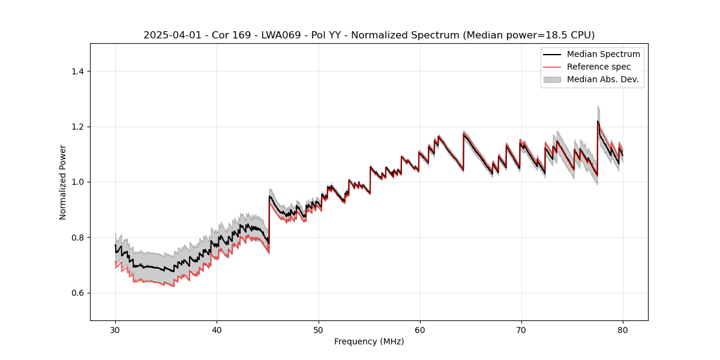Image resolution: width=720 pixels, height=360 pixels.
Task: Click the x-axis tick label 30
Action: coord(115,330)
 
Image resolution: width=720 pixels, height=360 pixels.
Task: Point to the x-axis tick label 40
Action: coord(217,330)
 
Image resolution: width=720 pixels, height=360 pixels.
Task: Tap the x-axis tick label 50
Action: coord(319,330)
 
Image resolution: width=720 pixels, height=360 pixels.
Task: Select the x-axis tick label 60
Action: coord(420,330)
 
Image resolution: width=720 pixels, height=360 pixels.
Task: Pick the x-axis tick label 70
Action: coord(521,330)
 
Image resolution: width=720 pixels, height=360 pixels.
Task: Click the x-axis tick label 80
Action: coord(623,330)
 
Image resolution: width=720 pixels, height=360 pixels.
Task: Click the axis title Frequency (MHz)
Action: coord(369,341)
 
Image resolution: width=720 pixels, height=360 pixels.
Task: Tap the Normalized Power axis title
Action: coord(62,182)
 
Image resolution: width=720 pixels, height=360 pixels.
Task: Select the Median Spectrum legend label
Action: coord(603,54)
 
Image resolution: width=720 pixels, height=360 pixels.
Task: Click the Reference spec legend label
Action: coord(599,67)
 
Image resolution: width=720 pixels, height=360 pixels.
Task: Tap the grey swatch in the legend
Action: coord(552,79)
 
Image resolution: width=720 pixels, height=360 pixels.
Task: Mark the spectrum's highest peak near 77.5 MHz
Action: coord(598,121)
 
